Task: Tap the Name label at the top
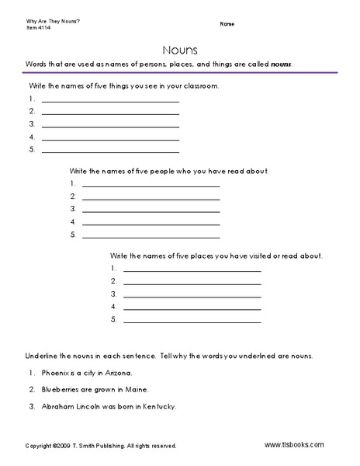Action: point(227,24)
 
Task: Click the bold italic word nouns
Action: point(281,64)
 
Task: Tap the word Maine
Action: point(137,389)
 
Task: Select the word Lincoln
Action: point(90,405)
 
